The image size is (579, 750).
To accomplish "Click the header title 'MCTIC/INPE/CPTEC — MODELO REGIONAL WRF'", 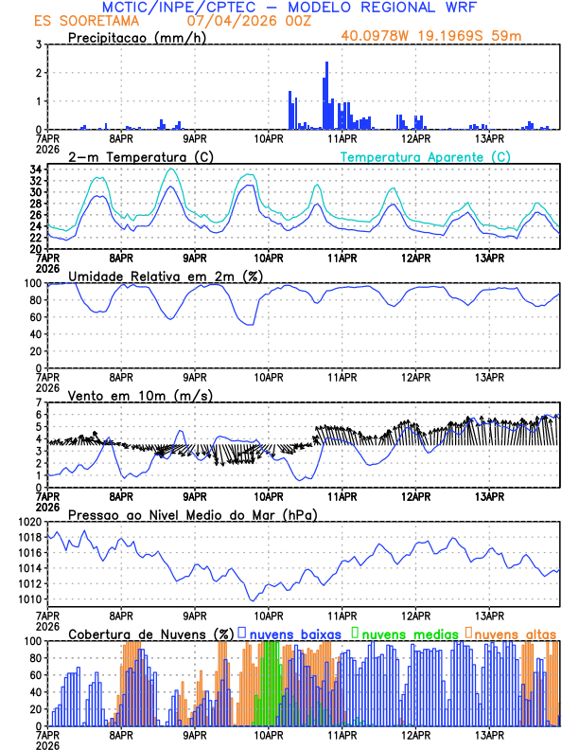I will click(289, 8).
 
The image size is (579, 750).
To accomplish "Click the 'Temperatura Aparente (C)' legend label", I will click(425, 156).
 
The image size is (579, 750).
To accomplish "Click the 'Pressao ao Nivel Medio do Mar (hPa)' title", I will click(192, 514).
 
